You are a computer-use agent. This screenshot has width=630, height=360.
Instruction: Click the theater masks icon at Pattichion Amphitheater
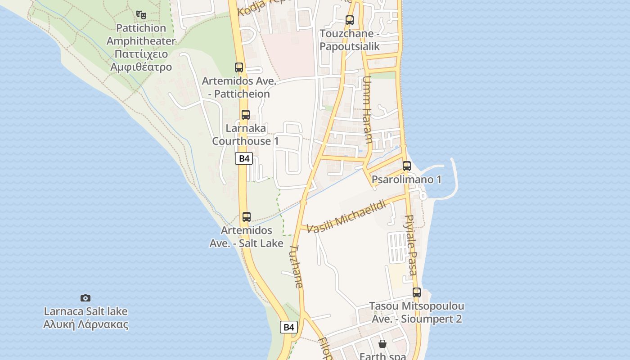pyautogui.click(x=141, y=15)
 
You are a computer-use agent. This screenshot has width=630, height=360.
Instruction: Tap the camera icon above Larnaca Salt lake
pyautogui.click(x=85, y=298)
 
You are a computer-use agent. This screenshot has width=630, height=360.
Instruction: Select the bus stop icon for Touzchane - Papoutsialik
pyautogui.click(x=350, y=20)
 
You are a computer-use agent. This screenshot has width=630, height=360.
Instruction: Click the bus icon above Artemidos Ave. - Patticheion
pyautogui.click(x=239, y=67)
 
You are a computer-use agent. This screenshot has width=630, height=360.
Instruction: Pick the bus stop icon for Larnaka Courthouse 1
pyautogui.click(x=245, y=115)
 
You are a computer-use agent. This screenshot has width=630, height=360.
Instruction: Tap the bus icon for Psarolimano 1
pyautogui.click(x=407, y=166)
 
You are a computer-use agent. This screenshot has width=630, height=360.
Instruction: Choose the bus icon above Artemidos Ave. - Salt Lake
pyautogui.click(x=247, y=217)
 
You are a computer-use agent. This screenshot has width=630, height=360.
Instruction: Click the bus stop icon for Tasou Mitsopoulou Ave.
pyautogui.click(x=417, y=292)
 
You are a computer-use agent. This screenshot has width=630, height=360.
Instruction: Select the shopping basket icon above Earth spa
pyautogui.click(x=382, y=344)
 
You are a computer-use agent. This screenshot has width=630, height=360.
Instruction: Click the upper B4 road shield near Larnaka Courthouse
pyautogui.click(x=244, y=158)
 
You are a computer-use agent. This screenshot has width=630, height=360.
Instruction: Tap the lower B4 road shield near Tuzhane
pyautogui.click(x=289, y=327)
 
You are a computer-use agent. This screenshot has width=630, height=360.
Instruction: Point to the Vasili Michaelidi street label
pyautogui.click(x=346, y=216)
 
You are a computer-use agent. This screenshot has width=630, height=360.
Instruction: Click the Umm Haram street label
pyautogui.click(x=367, y=110)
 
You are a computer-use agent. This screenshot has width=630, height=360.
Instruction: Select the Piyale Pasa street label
pyautogui.click(x=411, y=245)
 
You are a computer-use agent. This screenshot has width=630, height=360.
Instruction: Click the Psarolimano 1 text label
pyautogui.click(x=406, y=180)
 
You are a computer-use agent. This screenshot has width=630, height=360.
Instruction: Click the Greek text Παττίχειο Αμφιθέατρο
pyautogui.click(x=141, y=61)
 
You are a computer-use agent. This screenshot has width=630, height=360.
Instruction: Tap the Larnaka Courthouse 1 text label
pyautogui.click(x=246, y=135)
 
